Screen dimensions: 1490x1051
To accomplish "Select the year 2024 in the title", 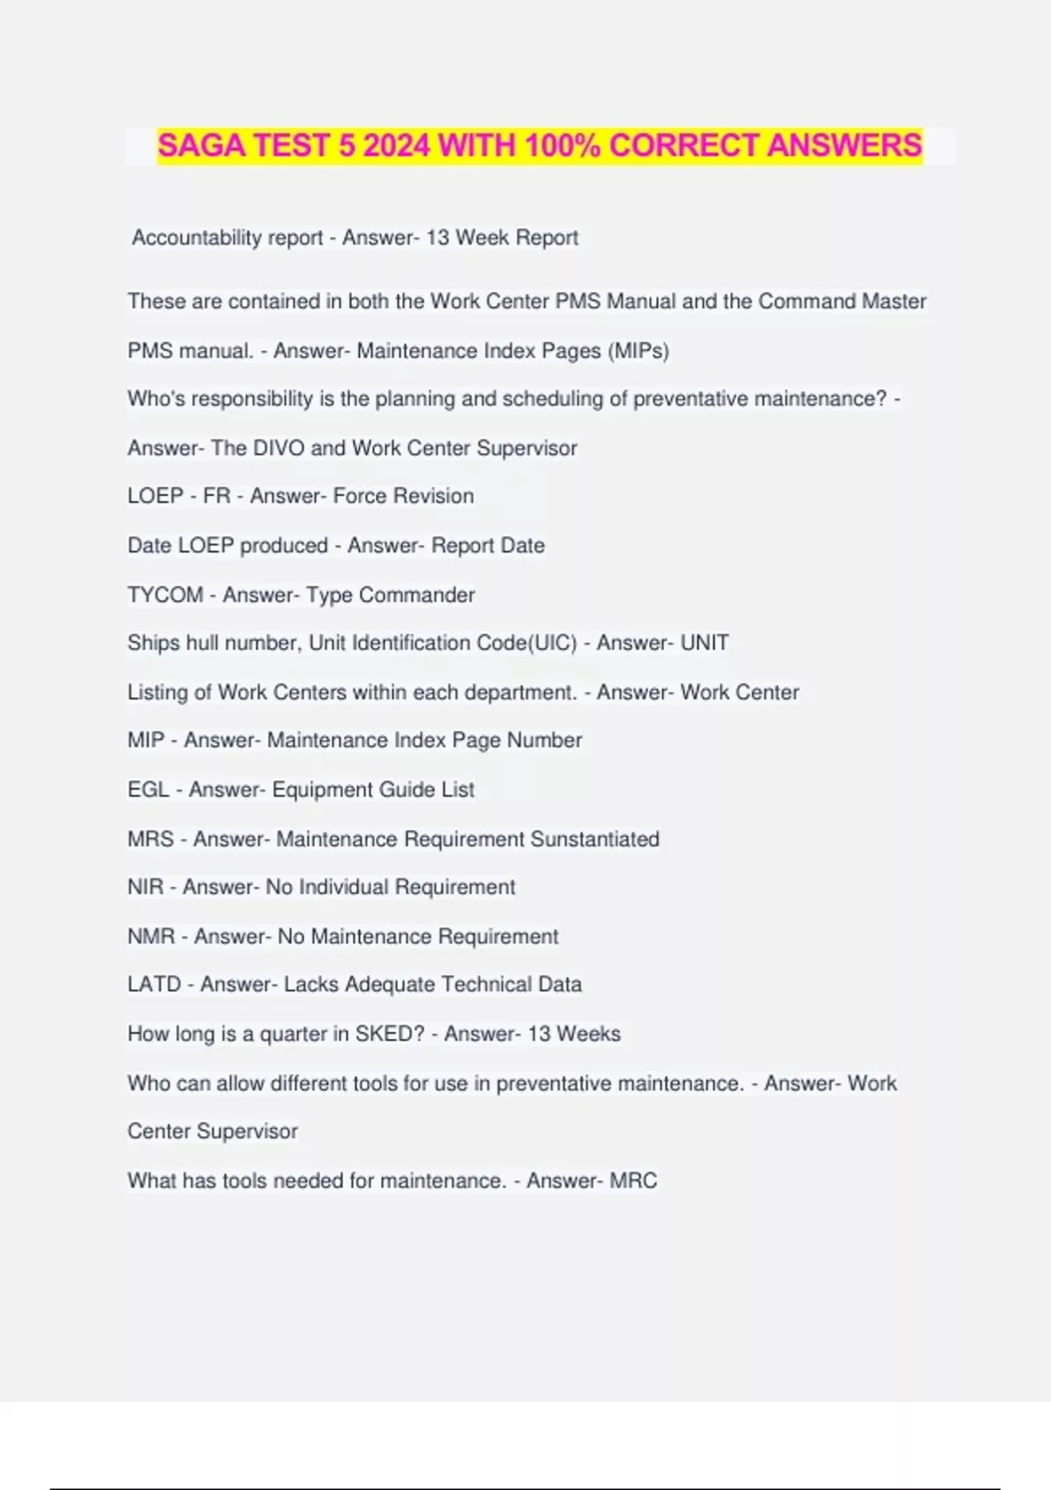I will point(396,145).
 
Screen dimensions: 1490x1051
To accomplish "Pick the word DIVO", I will point(278,448).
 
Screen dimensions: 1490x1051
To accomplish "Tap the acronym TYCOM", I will point(165,595).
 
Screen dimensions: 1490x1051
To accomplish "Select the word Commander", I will point(417,595).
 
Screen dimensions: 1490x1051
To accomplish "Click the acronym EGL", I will point(148,790).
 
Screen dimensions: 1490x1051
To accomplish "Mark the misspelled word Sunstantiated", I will point(595,839).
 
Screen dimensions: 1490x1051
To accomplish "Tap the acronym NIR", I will point(145,887).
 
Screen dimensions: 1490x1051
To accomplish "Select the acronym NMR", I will point(151,936).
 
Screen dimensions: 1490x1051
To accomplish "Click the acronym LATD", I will point(154,984).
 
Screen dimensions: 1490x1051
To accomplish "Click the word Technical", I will point(486,984).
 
